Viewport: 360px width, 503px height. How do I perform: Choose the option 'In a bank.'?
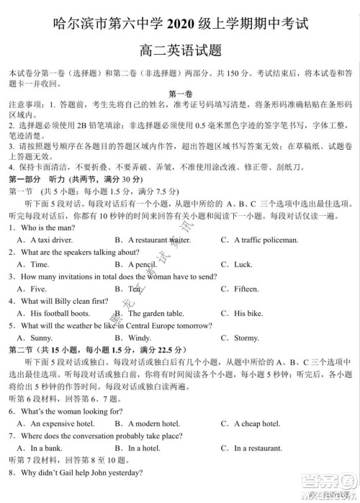[46, 448]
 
